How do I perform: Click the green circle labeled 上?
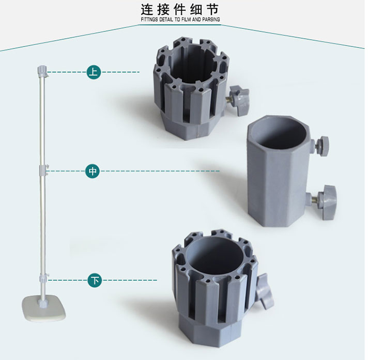[x=94, y=72]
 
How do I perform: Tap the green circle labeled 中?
[x=93, y=171]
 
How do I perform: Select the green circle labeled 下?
[x=95, y=280]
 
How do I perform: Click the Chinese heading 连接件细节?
[x=180, y=10]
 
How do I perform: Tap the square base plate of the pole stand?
[x=44, y=308]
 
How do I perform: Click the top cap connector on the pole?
[x=42, y=71]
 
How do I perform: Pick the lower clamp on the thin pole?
[x=44, y=278]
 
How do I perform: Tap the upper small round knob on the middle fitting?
[x=322, y=146]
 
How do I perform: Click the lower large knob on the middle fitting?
[x=326, y=202]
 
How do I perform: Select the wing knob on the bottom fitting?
[x=265, y=291]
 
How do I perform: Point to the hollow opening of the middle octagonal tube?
[x=280, y=133]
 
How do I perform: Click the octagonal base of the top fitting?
[x=192, y=127]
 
